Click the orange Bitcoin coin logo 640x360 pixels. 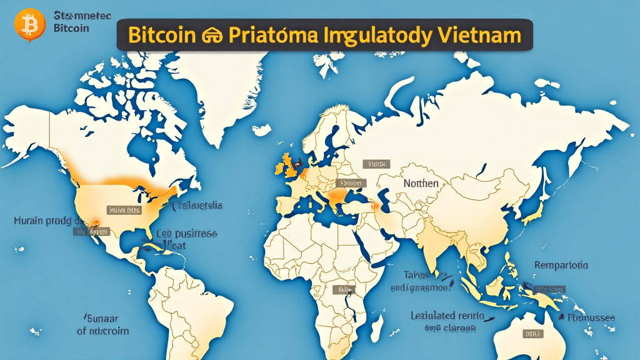point(27,25)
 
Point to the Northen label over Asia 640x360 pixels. point(421,183)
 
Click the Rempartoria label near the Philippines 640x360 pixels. point(561,265)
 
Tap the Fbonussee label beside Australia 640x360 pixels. point(591,317)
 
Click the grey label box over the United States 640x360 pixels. point(122,211)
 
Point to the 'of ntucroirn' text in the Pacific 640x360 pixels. point(102,331)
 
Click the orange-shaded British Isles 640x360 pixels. point(288,166)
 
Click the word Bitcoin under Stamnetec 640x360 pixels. point(71,27)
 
